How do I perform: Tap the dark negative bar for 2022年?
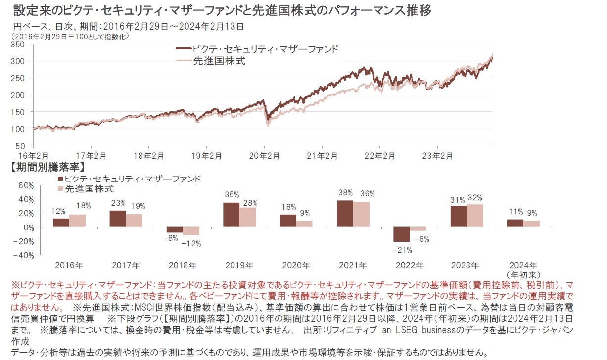pyautogui.click(x=402, y=234)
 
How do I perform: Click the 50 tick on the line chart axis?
pyautogui.click(x=20, y=146)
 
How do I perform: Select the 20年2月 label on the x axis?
pyautogui.click(x=264, y=156)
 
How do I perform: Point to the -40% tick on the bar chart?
pyautogui.click(x=25, y=255)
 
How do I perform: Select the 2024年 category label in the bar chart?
pyautogui.click(x=523, y=266)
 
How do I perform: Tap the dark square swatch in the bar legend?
pyautogui.click(x=61, y=179)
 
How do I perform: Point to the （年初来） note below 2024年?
pyautogui.click(x=523, y=274)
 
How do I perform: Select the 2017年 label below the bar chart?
pyautogui.click(x=126, y=266)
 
